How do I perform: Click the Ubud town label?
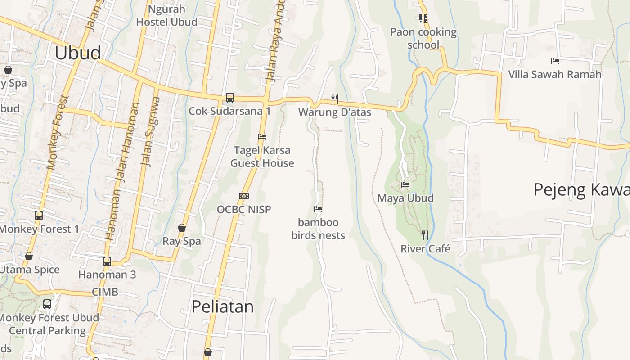[78, 53]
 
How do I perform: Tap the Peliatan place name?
[222, 307]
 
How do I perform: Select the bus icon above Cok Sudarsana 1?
[229, 97]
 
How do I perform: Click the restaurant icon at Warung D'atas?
[334, 99]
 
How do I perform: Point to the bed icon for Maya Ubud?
[405, 184]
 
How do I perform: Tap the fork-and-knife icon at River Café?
[425, 235]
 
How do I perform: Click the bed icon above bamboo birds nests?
[318, 209]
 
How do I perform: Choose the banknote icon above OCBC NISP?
[244, 196]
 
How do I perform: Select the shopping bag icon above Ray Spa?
[182, 228]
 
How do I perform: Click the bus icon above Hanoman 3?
[107, 261]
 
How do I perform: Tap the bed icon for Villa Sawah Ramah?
[555, 61]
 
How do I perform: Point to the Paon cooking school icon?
[423, 18]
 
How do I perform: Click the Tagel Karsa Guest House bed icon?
[262, 136]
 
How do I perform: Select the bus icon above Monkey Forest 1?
[39, 216]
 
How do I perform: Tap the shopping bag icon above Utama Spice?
[29, 256]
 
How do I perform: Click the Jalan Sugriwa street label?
[151, 133]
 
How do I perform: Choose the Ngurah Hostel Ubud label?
[166, 15]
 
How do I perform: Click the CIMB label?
[105, 292]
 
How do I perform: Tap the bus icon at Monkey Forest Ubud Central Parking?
[47, 304]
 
